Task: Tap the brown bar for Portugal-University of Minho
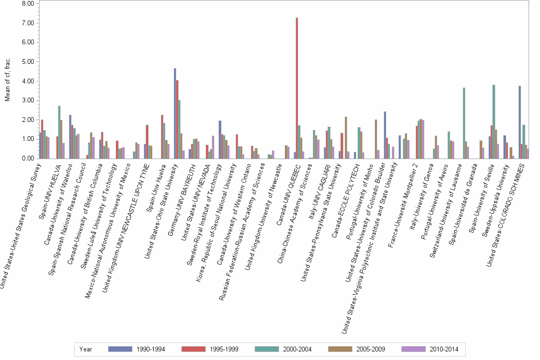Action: tap(376, 139)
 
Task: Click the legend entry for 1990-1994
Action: tap(138, 349)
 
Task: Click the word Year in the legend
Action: tap(86, 349)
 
